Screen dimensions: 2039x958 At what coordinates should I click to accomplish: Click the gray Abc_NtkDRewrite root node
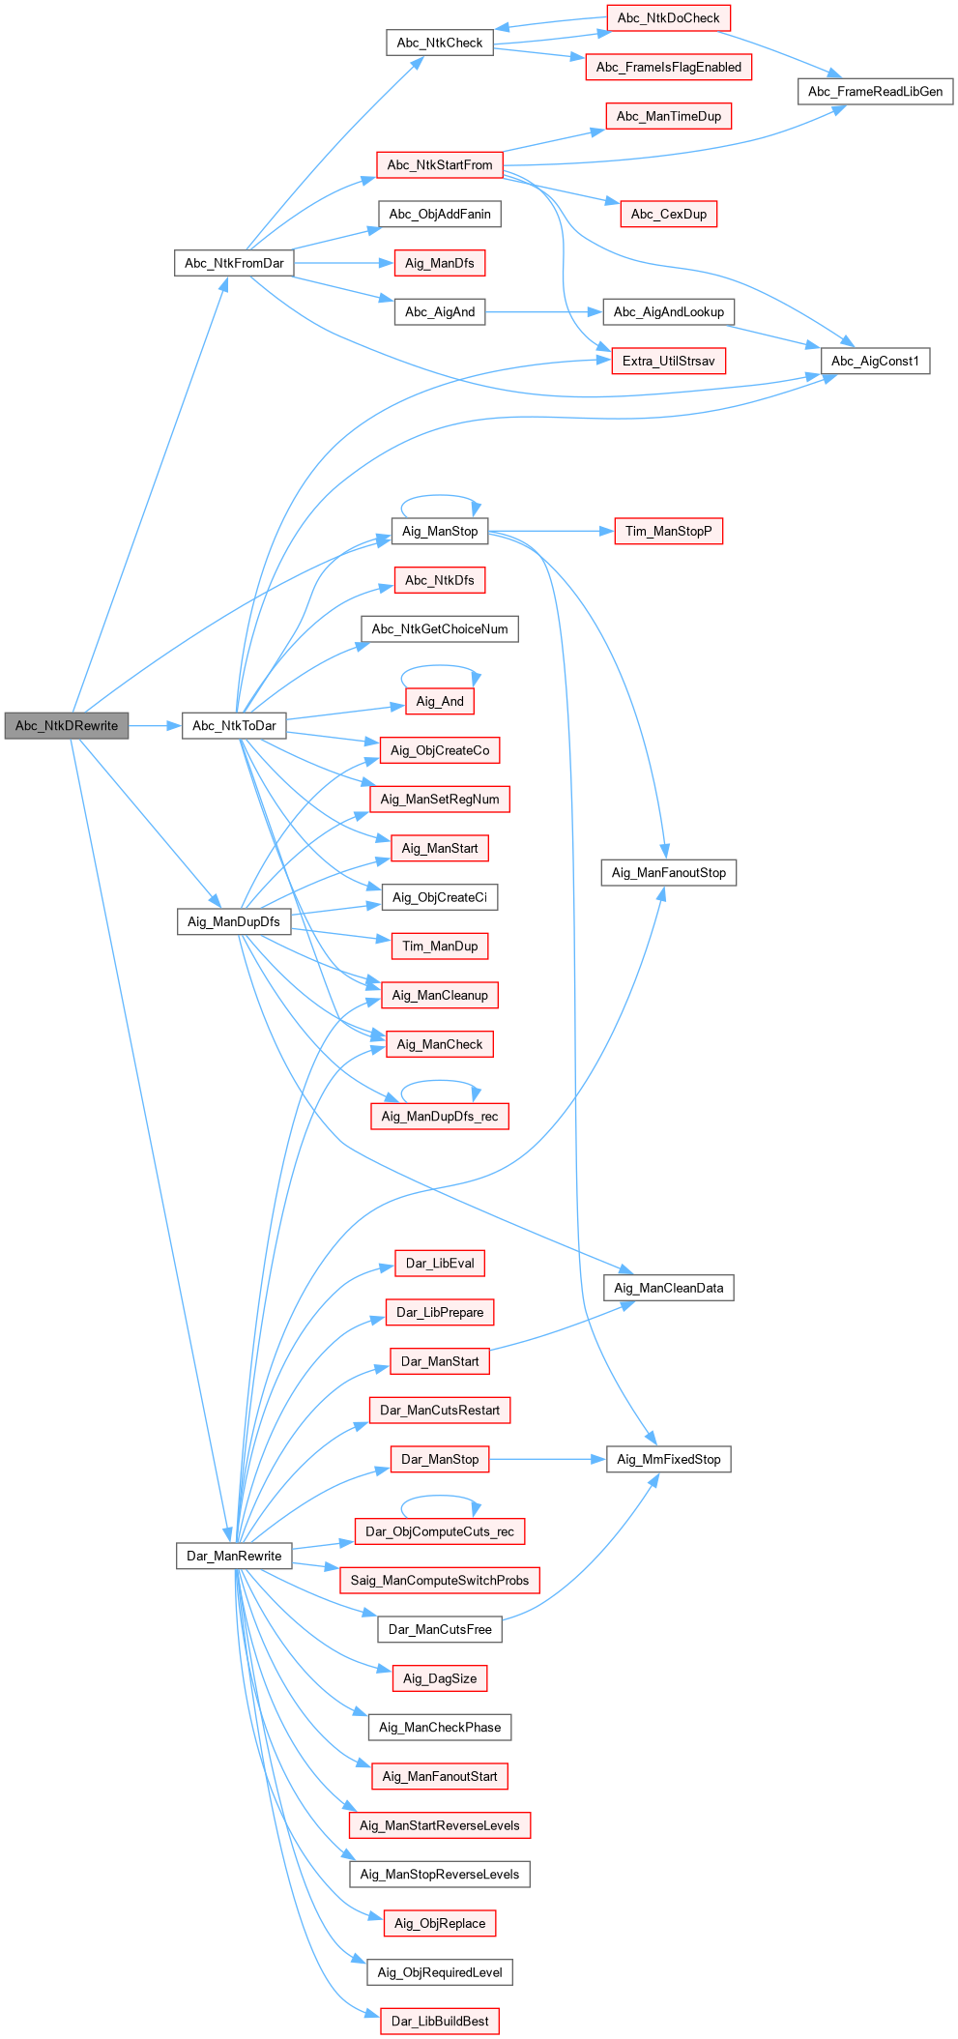66,726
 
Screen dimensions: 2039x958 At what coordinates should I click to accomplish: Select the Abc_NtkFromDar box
234,263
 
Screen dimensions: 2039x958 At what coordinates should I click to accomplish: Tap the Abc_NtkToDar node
234,726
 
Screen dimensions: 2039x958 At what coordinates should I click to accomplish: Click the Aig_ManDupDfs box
234,921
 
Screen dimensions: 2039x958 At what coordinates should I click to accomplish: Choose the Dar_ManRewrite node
234,1556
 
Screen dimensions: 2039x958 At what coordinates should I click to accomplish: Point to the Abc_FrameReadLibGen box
875,92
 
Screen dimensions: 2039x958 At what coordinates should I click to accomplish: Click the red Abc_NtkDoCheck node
668,18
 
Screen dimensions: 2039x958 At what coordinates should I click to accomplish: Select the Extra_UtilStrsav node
668,361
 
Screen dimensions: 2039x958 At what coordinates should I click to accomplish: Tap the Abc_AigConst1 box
875,361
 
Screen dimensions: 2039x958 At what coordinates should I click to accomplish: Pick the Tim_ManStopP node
668,531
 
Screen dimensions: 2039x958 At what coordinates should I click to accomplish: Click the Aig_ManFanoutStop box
668,872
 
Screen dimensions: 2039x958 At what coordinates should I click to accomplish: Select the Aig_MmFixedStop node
668,1459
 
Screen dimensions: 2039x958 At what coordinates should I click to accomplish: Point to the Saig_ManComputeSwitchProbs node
440,1580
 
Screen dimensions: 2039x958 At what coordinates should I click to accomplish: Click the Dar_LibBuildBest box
440,2021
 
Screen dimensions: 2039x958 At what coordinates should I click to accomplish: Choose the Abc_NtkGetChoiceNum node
440,628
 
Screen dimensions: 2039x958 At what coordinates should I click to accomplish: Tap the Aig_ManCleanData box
668,1288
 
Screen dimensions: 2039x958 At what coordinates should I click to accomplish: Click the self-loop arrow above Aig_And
440,666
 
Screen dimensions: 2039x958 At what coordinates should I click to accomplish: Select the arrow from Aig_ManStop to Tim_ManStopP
551,531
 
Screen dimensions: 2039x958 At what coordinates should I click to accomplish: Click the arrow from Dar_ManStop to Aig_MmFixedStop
547,1459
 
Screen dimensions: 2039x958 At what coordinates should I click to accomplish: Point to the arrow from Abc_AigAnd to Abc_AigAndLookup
543,311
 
